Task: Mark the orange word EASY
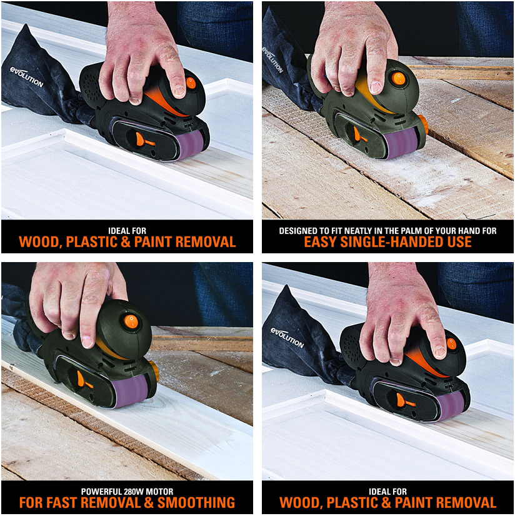tap(322, 242)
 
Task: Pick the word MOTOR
tap(159, 491)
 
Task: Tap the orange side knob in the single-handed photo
tap(422, 123)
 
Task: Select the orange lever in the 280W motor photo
tap(81, 379)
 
